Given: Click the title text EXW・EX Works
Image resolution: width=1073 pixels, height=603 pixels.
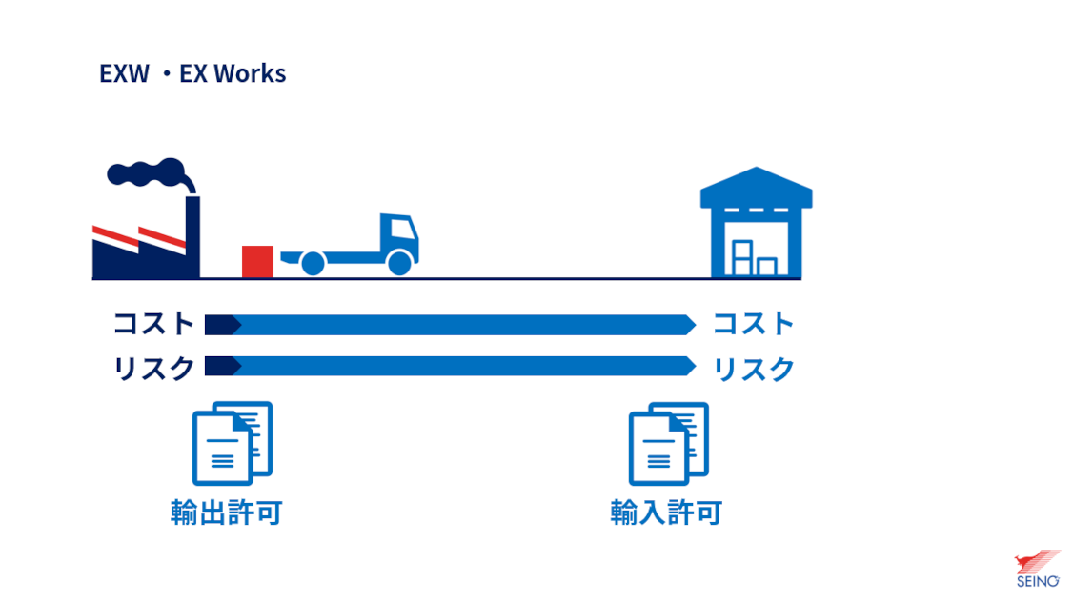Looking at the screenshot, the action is coord(192,73).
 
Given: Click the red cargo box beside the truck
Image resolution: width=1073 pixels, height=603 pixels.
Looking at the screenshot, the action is coord(258,261).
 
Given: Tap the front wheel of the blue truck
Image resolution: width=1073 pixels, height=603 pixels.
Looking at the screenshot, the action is coord(399,263).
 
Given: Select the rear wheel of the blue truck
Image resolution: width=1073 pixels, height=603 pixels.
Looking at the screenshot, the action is coord(313,264).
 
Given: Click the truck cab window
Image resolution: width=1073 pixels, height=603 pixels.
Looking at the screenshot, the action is coord(402,228).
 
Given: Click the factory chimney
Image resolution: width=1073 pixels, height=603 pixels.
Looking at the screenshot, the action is coord(193,236).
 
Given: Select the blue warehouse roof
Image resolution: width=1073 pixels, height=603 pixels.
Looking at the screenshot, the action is coord(757,188).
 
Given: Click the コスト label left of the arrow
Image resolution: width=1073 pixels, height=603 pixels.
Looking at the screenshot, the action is coord(154,324).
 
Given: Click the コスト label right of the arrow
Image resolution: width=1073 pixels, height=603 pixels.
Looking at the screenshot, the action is coord(754,324).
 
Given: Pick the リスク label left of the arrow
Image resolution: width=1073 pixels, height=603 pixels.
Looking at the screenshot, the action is coord(154,369).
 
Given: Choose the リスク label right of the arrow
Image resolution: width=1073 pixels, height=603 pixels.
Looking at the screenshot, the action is coord(754,370).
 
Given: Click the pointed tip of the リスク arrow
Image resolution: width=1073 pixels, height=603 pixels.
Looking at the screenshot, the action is coord(696,366).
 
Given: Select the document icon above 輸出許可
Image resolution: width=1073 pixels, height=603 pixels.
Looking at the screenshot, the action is coord(233,444).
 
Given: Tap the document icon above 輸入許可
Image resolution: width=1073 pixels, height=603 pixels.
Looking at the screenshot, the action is coord(669,444).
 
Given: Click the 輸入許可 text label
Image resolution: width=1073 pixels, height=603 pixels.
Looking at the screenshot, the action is coord(666,512).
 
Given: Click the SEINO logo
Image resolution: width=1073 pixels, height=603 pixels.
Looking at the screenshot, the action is coord(1037,569).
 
